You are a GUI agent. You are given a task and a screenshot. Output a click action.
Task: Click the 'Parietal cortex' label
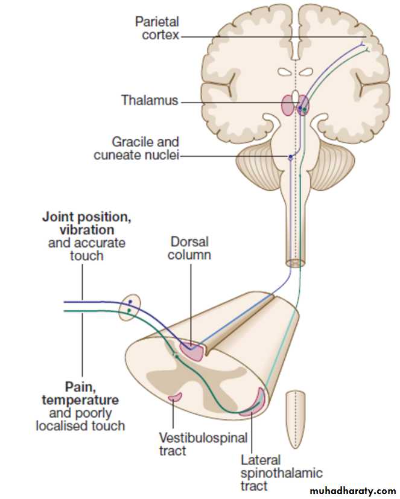157,28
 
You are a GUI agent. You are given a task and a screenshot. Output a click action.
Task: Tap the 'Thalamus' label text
150,100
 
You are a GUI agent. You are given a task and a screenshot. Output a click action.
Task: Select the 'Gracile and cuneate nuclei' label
136,148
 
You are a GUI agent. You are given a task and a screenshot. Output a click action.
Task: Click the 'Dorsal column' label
189,248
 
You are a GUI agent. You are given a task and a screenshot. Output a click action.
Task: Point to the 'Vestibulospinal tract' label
203,444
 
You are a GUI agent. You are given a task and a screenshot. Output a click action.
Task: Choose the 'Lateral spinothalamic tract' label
282,473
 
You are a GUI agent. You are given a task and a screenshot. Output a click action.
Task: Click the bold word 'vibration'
87,230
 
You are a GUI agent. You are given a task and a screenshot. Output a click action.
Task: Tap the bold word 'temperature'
80,400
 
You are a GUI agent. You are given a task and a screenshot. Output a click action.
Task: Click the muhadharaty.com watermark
352,491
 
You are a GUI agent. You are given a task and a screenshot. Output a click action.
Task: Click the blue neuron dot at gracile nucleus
290,157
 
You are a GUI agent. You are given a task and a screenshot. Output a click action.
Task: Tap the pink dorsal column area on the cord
192,351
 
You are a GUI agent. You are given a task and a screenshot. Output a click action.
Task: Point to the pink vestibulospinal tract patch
175,396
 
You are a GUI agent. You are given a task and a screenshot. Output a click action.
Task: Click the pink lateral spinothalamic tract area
255,403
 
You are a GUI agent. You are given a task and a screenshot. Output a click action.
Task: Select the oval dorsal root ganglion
130,307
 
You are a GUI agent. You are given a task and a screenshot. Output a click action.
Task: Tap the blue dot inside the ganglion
130,302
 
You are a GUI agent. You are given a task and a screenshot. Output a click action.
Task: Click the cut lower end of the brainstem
295,263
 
